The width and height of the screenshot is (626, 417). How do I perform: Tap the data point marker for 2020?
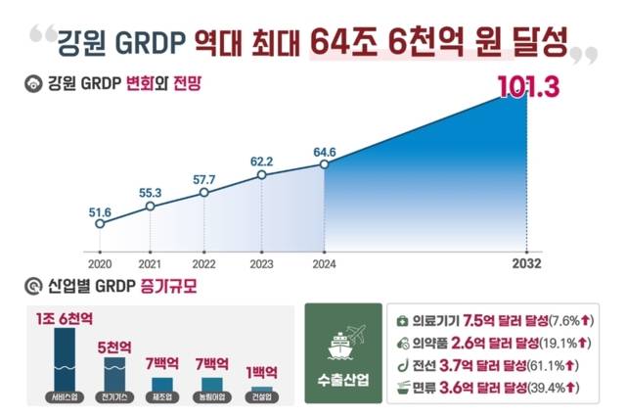tap(99, 224)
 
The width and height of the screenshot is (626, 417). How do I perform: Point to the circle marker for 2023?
tap(261, 175)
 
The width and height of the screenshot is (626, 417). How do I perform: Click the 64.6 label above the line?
tap(323, 151)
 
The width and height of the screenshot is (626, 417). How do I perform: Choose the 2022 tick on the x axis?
tap(204, 263)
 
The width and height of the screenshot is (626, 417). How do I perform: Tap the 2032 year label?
tap(526, 263)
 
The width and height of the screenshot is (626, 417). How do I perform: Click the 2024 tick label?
tap(323, 263)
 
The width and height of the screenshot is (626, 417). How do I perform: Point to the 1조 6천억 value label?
tap(65, 317)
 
